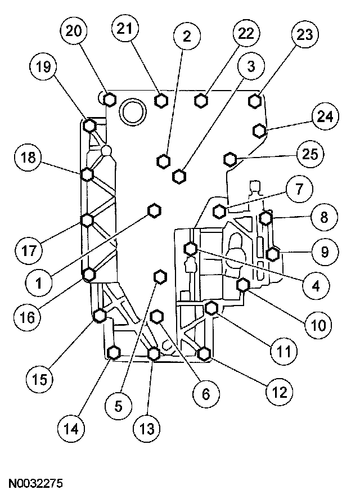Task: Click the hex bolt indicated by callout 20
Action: (x=110, y=100)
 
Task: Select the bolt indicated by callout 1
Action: (x=154, y=210)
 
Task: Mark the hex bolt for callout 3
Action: (x=179, y=176)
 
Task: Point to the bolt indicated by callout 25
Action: (x=229, y=159)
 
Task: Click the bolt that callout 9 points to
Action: (x=272, y=254)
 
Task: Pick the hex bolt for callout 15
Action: (x=100, y=316)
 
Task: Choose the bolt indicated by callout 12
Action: (x=204, y=353)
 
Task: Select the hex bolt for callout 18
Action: (x=87, y=174)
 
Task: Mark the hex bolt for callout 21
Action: (x=161, y=100)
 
